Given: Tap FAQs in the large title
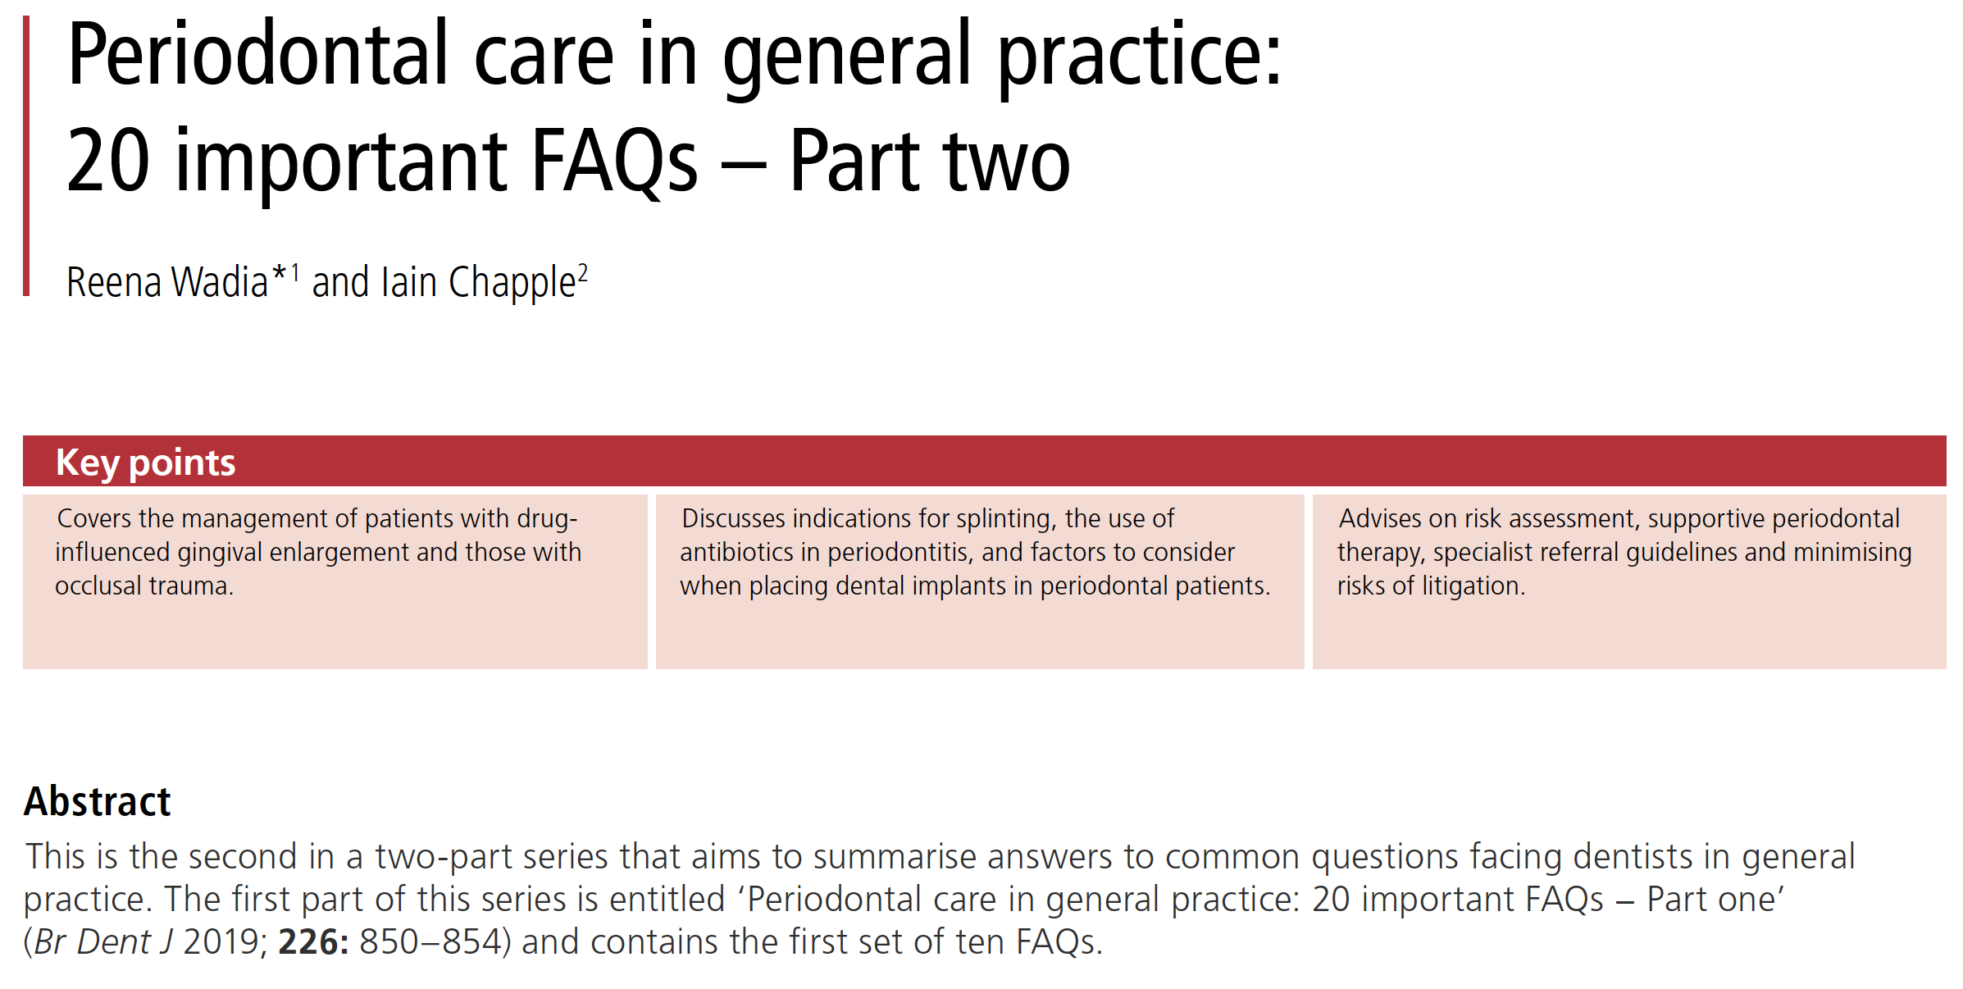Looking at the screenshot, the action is [614, 162].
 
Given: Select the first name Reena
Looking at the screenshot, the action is [114, 282].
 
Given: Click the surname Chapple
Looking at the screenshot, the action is [512, 283].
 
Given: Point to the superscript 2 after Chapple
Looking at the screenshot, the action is [583, 272].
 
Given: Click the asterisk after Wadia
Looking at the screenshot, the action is [279, 272].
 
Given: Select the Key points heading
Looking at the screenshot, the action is [145, 463].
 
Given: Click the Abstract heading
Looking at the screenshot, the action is [98, 801].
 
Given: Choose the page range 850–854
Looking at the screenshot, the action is [430, 942].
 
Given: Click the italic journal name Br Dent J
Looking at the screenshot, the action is [103, 942].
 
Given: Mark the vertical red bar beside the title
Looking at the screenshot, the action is [26, 156].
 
